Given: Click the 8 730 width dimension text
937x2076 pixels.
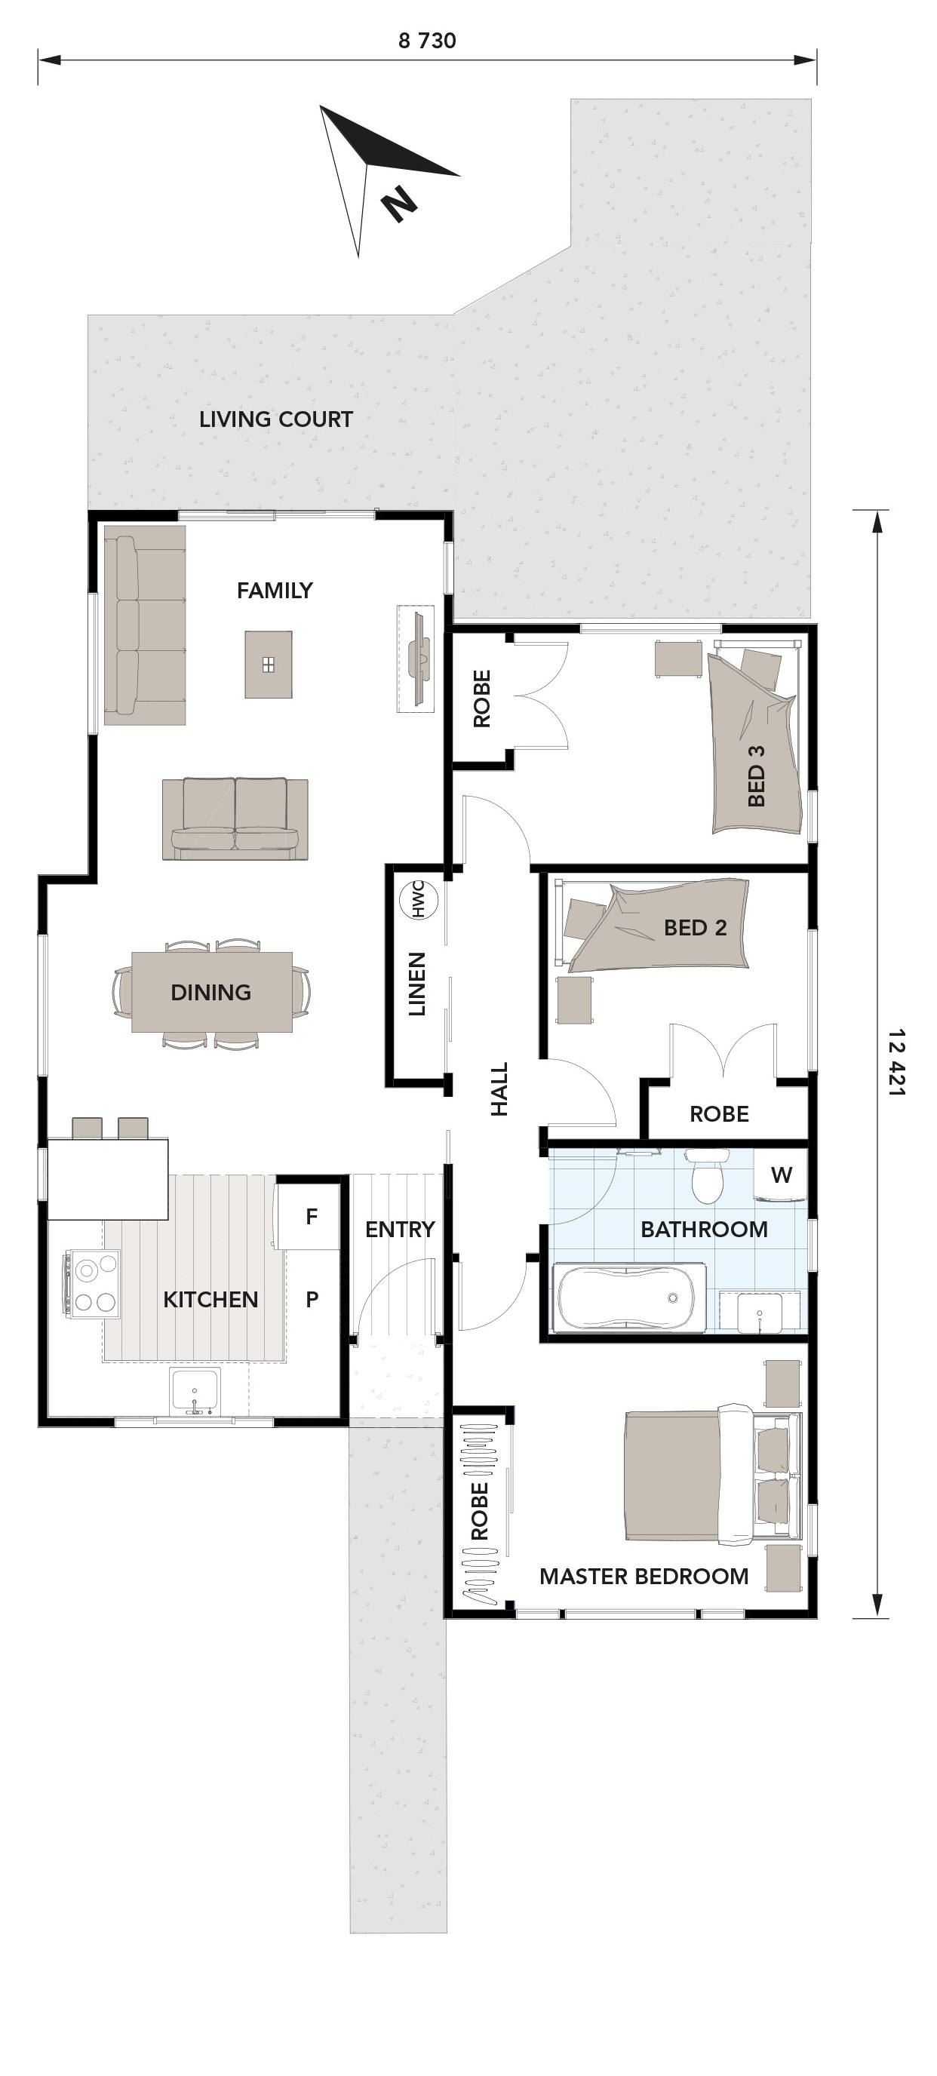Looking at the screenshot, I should (x=427, y=41).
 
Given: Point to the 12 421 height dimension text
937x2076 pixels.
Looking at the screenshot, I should (x=896, y=1061).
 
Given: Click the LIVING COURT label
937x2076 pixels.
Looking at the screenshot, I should (x=275, y=419).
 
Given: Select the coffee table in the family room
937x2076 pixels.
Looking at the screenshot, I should (x=269, y=664).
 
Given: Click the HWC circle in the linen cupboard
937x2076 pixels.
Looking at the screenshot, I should (x=419, y=898).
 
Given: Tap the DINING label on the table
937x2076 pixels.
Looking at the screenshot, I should (x=211, y=992).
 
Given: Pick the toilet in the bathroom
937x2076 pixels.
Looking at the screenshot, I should (x=707, y=1177).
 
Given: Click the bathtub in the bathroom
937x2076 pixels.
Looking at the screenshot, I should (x=628, y=1297).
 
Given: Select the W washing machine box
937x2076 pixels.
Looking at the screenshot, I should (x=780, y=1175).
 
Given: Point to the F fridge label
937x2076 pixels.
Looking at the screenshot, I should (x=311, y=1217).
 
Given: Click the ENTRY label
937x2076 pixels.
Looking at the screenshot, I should (x=400, y=1230).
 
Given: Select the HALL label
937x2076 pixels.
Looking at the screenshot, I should (x=499, y=1089).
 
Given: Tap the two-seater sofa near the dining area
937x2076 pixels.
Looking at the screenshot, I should (x=235, y=818).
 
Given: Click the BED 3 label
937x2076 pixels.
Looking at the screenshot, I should (x=756, y=775).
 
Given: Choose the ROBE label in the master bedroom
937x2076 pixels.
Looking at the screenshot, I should (x=480, y=1512).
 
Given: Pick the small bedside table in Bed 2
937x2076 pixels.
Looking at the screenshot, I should (x=573, y=1000).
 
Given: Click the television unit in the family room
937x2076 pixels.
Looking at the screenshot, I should (x=416, y=659).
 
